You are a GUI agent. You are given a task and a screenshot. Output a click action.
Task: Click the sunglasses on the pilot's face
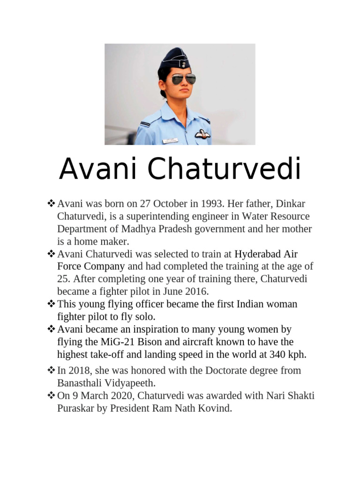[183, 78]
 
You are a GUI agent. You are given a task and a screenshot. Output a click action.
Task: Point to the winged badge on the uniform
[202, 134]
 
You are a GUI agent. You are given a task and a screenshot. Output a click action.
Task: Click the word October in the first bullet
[158, 204]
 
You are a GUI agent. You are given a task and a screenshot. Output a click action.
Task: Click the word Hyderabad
[258, 254]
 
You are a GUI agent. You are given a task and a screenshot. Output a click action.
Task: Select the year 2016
[197, 292]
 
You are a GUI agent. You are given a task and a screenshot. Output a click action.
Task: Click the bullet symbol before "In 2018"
[51, 370]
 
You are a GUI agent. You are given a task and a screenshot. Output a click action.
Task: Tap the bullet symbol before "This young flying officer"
[51, 304]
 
